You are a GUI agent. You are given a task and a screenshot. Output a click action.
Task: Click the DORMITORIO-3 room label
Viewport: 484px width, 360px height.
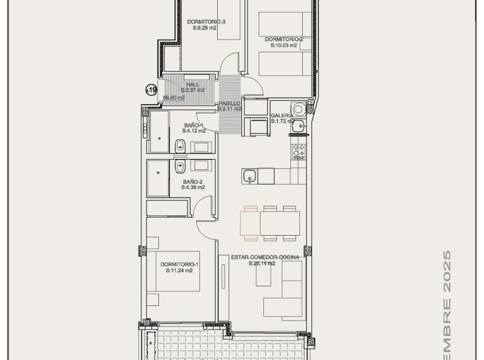tap(206, 22)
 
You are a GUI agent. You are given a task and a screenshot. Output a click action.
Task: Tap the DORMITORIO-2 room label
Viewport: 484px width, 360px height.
tap(284, 39)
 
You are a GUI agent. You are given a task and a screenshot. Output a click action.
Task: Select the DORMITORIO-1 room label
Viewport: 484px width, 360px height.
tap(179, 264)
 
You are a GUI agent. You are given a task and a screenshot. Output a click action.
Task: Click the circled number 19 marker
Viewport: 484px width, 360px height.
tap(151, 89)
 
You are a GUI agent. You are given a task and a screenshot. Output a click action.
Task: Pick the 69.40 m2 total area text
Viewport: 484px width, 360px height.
tap(174, 97)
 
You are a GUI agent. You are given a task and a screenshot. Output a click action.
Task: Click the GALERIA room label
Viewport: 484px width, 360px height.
tap(281, 115)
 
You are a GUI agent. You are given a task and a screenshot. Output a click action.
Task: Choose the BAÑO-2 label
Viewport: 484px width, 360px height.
tap(192, 182)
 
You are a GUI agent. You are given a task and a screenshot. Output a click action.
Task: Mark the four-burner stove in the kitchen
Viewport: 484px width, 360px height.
tap(298, 150)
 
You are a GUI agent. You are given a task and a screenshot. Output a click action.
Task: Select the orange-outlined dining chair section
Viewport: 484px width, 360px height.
tap(250, 220)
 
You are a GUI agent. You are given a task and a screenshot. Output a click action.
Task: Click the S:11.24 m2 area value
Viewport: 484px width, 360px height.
tap(179, 271)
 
